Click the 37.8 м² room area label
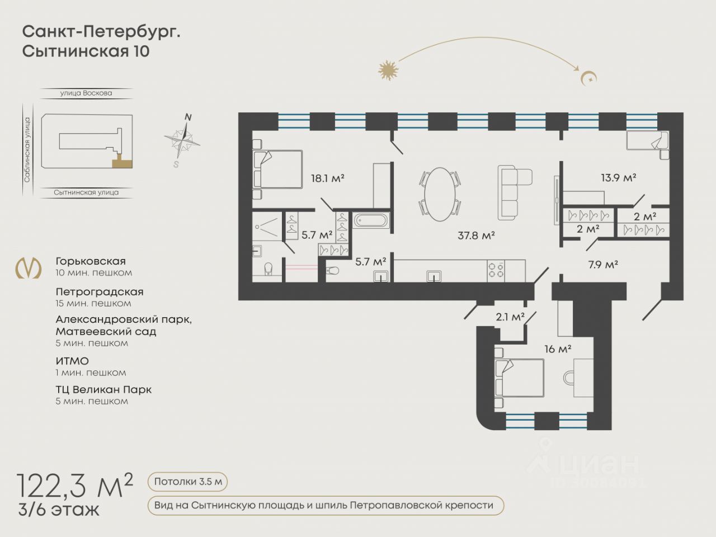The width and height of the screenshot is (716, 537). tap(476, 235)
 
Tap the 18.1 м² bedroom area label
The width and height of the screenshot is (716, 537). tap(327, 178)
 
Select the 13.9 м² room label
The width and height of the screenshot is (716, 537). tap(619, 178)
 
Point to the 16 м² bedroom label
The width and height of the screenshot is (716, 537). tap(558, 349)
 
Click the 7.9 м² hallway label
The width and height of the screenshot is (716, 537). tap(603, 265)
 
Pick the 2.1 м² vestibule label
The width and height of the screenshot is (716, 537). tap(510, 317)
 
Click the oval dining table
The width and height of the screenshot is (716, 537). tap(440, 194)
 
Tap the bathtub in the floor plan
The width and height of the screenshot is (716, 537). tap(371, 220)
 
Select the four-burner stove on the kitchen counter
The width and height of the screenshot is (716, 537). tap(496, 271)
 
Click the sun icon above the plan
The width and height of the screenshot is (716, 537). tap(388, 70)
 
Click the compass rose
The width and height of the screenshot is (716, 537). tap(182, 140)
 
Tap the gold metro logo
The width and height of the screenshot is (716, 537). tap(29, 268)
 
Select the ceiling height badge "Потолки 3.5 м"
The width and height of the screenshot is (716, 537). tap(187, 482)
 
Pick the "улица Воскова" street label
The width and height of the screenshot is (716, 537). tap(86, 93)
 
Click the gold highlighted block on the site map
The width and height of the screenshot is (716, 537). tap(123, 162)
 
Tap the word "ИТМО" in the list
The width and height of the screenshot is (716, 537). tap(72, 361)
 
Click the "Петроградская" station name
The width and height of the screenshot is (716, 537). tap(100, 292)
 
